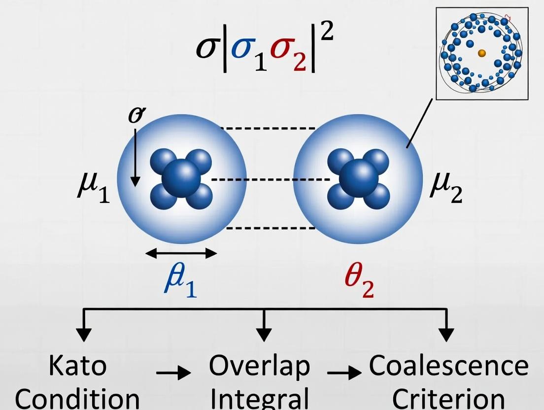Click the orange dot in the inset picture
(x=481, y=53)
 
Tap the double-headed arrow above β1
(x=181, y=253)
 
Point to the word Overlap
(x=259, y=366)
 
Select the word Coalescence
(x=448, y=366)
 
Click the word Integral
(x=260, y=398)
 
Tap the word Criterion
(x=448, y=398)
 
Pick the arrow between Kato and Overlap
(x=173, y=373)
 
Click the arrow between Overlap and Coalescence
(x=344, y=373)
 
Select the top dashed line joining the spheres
(x=267, y=129)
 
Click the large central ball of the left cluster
(x=181, y=178)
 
